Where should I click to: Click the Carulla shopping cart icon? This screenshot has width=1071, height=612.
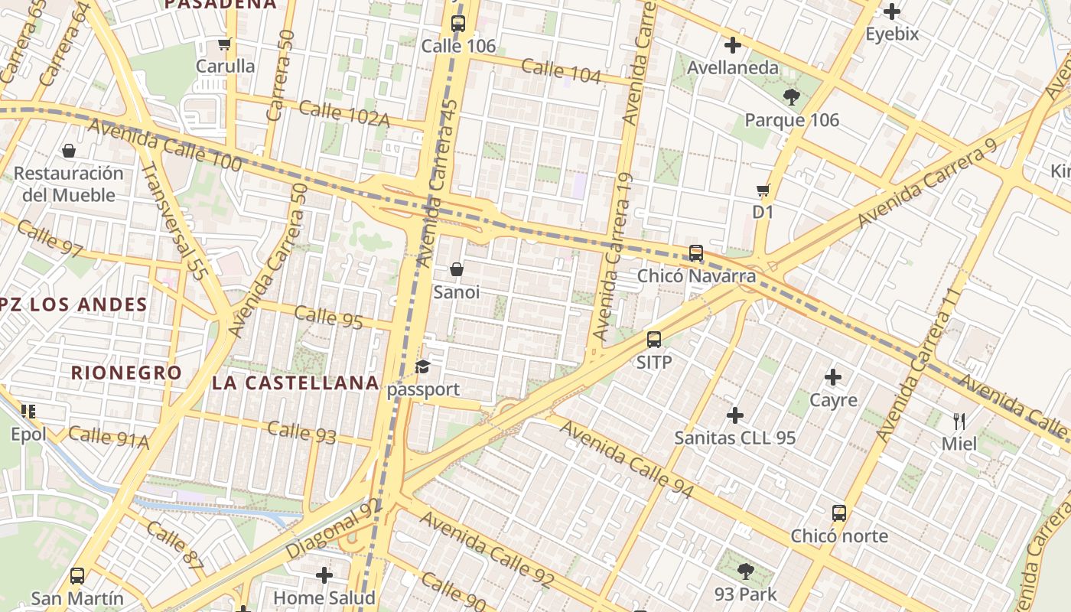click(x=225, y=44)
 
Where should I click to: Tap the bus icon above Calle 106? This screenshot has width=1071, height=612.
click(x=458, y=23)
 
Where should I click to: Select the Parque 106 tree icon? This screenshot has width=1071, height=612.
click(x=791, y=97)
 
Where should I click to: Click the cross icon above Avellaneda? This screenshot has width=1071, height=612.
click(x=733, y=45)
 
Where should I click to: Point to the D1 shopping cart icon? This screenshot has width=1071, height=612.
click(x=763, y=190)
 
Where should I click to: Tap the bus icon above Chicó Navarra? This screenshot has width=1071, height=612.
click(x=696, y=252)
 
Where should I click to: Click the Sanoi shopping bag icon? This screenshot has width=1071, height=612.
click(x=457, y=269)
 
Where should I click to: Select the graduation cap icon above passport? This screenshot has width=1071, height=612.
click(x=423, y=367)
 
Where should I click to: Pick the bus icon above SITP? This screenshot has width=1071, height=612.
click(x=654, y=340)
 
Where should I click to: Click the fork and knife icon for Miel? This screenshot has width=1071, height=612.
click(x=959, y=421)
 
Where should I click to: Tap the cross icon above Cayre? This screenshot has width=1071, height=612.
click(x=833, y=377)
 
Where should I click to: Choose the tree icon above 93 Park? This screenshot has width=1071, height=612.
click(x=745, y=571)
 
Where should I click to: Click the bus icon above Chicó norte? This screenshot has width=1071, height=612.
click(x=839, y=513)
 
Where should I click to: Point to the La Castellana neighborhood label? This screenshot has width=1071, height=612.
click(x=295, y=382)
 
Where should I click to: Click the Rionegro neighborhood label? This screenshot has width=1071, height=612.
click(x=126, y=373)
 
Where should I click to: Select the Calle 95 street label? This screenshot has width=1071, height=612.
click(x=328, y=316)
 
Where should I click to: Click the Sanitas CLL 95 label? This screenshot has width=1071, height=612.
click(x=734, y=438)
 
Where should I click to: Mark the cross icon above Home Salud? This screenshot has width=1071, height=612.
click(x=324, y=575)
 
